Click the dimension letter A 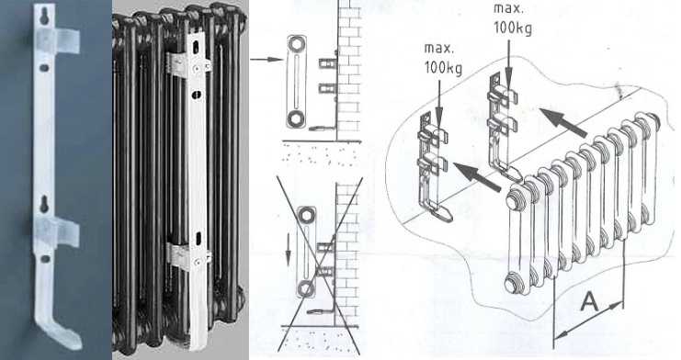click(x=589, y=301)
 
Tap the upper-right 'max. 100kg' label click(x=513, y=19)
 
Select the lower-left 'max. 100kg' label click(x=443, y=59)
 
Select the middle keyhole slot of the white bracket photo click(x=44, y=204)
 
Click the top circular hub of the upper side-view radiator click(x=296, y=44)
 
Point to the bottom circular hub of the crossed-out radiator click(x=306, y=288)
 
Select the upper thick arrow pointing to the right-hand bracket click(x=564, y=122)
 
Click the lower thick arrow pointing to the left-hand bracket click(x=478, y=176)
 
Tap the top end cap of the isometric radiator click(x=516, y=201)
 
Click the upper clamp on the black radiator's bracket click(x=188, y=64)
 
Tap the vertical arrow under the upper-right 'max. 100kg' click(x=508, y=60)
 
